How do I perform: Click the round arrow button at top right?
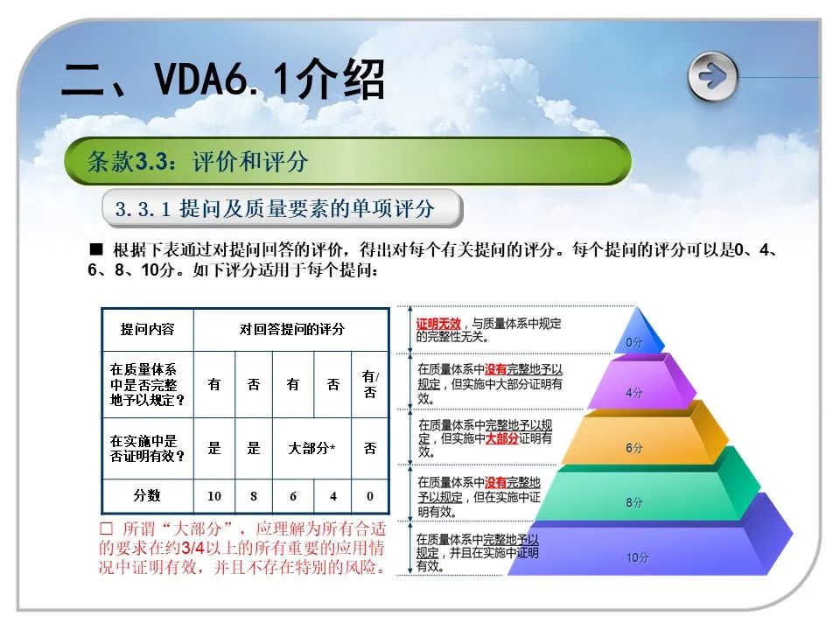pyautogui.click(x=712, y=77)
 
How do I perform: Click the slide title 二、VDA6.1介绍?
pyautogui.click(x=223, y=80)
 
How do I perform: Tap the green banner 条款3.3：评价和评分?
pyautogui.click(x=347, y=161)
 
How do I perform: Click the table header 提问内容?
pyautogui.click(x=147, y=329)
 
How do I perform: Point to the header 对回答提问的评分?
pyautogui.click(x=292, y=329)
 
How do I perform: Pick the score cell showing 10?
pyautogui.click(x=214, y=496)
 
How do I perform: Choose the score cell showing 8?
pyautogui.click(x=254, y=496)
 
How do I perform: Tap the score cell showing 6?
pyautogui.click(x=293, y=496)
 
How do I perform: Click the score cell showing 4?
pyautogui.click(x=333, y=496)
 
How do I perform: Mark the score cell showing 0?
pyautogui.click(x=369, y=496)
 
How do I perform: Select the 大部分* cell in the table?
pyautogui.click(x=311, y=448)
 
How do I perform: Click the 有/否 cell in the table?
pyautogui.click(x=370, y=384)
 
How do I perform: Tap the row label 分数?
pyautogui.click(x=147, y=495)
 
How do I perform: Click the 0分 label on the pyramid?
pyautogui.click(x=634, y=342)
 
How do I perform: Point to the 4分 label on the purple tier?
pyautogui.click(x=634, y=393)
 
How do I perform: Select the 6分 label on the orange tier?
pyautogui.click(x=634, y=447)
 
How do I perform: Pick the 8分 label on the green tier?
pyautogui.click(x=634, y=502)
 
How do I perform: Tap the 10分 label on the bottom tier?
pyautogui.click(x=638, y=557)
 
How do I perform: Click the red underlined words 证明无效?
pyautogui.click(x=438, y=324)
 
